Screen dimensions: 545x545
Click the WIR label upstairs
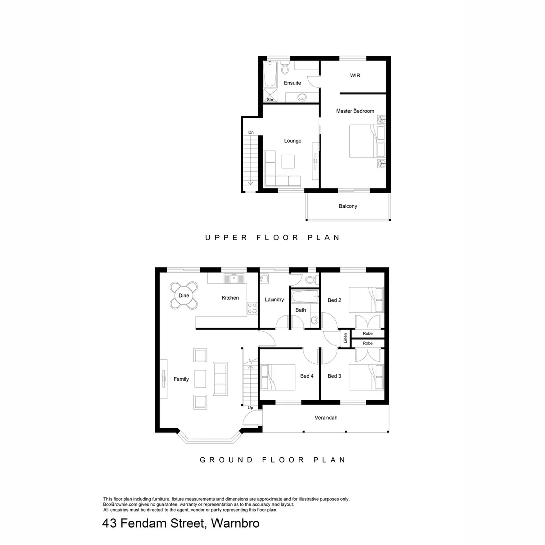tap(355, 76)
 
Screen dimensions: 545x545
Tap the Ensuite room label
tap(292, 83)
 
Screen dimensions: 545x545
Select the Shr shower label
tap(270, 100)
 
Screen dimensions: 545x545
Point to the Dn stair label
tap(251, 132)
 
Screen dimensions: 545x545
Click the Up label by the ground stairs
tap(251, 407)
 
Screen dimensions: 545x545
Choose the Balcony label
tap(348, 206)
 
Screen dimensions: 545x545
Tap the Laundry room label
tap(274, 300)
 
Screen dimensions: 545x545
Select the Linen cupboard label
tap(345, 338)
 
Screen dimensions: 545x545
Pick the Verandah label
tap(325, 418)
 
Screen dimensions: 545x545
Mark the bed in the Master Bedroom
tap(367, 141)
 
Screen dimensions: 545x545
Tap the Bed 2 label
tap(334, 300)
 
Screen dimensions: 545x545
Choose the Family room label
tap(181, 379)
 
